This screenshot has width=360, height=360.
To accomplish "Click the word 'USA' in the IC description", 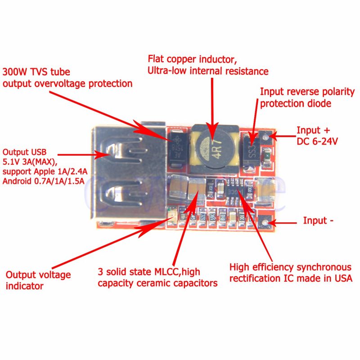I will (342, 278).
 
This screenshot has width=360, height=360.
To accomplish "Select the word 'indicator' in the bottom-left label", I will (24, 286).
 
